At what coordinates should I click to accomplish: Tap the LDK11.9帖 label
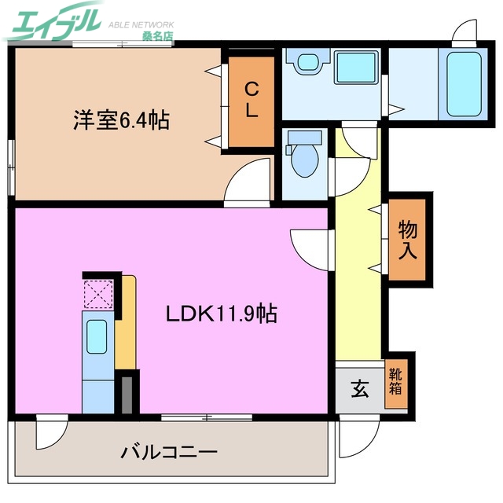[x=220, y=314]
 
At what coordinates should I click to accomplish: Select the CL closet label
[x=251, y=100]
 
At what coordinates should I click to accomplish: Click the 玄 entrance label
[x=358, y=389]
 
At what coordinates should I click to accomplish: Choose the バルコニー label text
[x=169, y=453]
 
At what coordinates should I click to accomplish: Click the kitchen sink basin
[x=97, y=337]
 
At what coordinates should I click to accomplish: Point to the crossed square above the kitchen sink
[x=98, y=294]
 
